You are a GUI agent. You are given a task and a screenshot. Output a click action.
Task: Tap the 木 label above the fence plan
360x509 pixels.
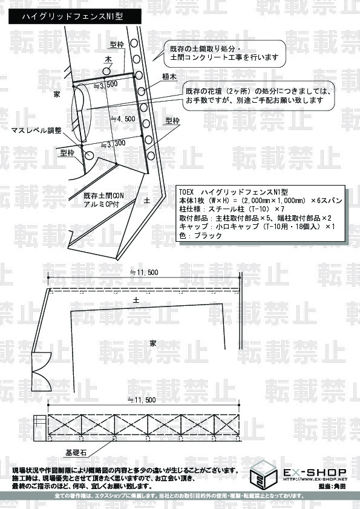pos(109,60)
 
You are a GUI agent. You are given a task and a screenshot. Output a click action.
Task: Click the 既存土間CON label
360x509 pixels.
pos(103,196)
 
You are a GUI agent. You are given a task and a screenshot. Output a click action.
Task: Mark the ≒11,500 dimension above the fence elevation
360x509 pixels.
pos(143,400)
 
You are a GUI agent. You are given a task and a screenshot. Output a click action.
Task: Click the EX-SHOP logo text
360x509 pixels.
pos(315,472)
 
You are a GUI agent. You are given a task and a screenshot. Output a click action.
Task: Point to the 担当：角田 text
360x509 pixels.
pos(333,486)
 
